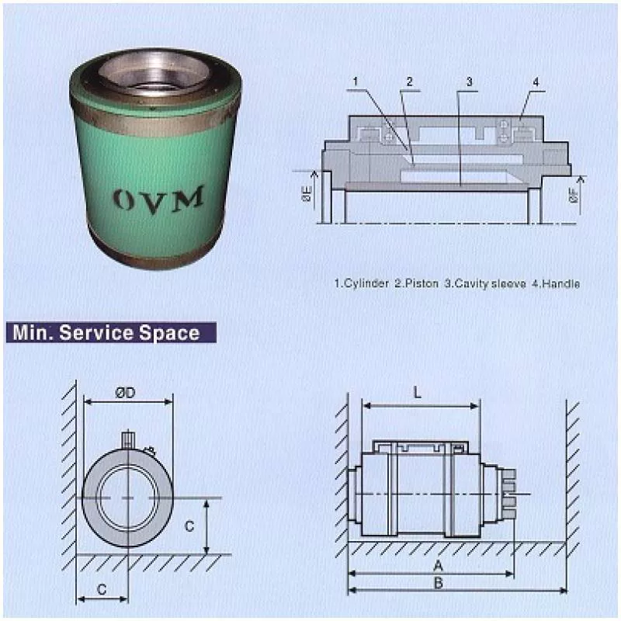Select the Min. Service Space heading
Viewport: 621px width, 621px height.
tap(106, 332)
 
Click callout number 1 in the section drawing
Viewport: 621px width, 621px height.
tap(355, 81)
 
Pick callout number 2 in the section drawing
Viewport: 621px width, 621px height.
tap(410, 81)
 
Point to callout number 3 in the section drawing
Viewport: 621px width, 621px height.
tap(470, 81)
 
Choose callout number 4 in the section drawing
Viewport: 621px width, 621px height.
tap(536, 81)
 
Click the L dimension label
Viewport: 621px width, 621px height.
tap(418, 393)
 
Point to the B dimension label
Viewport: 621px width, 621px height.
tap(439, 583)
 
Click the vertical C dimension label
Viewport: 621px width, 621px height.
tap(189, 526)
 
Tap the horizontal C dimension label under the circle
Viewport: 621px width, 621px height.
tap(101, 589)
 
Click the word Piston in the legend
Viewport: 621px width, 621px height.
tap(418, 284)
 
